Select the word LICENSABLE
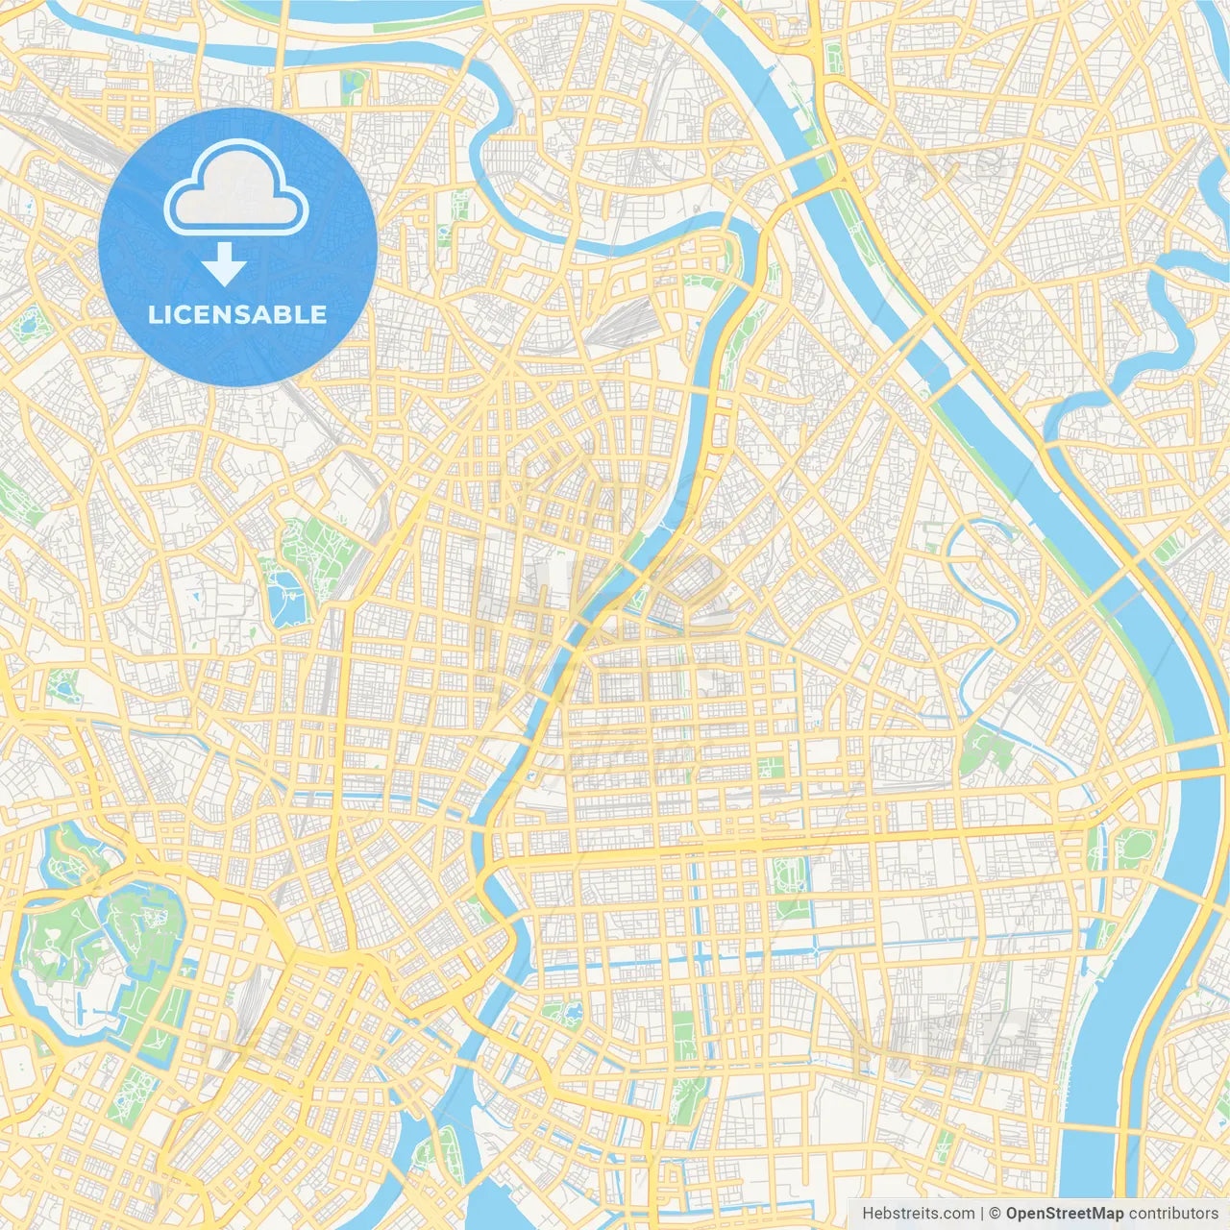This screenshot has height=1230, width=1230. click(x=237, y=314)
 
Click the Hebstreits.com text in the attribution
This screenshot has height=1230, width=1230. click(x=918, y=1214)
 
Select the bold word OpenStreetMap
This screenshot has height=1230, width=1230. click(x=1065, y=1214)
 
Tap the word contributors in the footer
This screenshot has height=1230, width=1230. click(x=1173, y=1214)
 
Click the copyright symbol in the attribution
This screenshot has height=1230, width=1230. click(x=996, y=1214)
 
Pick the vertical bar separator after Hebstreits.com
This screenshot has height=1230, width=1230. click(x=982, y=1214)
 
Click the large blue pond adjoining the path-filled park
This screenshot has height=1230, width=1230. click(x=285, y=600)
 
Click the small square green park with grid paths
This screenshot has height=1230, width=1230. click(x=770, y=768)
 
